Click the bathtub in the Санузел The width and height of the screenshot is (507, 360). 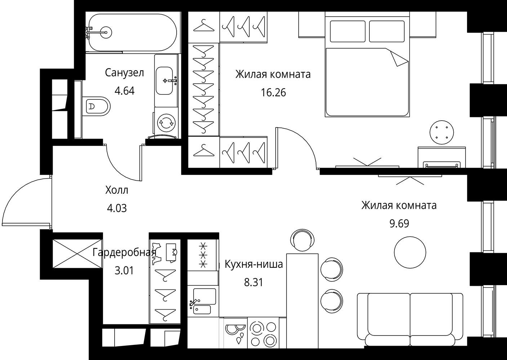[x=133, y=32]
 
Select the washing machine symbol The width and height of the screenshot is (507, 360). [x=166, y=123]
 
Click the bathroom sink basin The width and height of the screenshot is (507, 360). [x=165, y=81]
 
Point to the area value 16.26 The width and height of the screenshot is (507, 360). [x=273, y=93]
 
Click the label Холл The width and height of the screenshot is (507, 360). [x=117, y=190]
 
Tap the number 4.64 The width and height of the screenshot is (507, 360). [x=124, y=91]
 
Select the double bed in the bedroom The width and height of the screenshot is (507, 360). [x=367, y=64]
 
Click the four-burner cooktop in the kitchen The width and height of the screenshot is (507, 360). [x=263, y=334]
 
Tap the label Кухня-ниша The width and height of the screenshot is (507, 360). [x=254, y=264]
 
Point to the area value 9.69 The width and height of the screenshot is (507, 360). [x=399, y=224]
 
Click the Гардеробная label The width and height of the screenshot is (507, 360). [x=124, y=252]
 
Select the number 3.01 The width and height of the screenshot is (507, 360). [x=124, y=270]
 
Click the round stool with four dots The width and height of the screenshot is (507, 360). [x=441, y=132]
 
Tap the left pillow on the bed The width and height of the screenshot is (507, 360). [x=348, y=31]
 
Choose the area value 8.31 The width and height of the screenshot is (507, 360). [x=254, y=283]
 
